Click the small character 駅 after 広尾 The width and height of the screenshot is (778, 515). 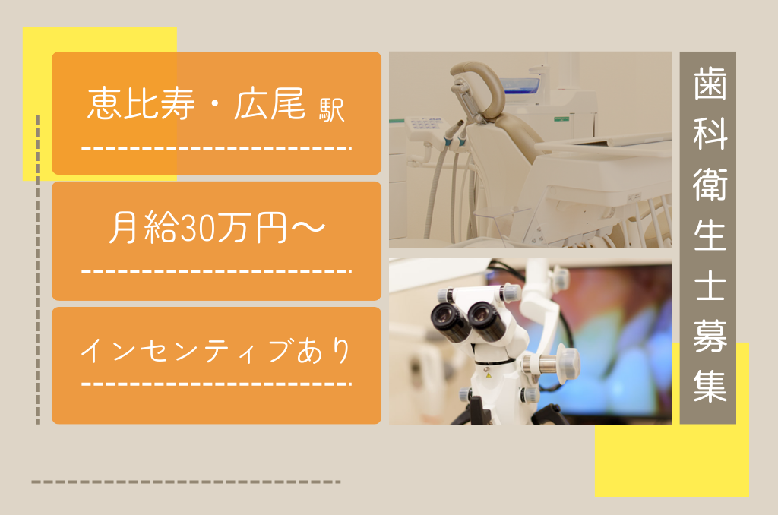[331, 110]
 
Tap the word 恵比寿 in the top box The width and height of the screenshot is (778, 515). [141, 103]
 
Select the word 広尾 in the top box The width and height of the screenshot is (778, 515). [270, 103]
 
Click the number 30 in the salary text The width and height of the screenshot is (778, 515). [197, 228]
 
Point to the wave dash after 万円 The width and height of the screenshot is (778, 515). [308, 227]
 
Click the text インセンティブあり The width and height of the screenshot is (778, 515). [216, 350]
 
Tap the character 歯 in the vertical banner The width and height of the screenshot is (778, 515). [710, 84]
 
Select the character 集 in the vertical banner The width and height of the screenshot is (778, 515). [710, 385]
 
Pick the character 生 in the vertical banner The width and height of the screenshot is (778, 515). [710, 234]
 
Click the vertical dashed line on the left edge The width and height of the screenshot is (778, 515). [38, 270]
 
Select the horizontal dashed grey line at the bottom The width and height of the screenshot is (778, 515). [186, 482]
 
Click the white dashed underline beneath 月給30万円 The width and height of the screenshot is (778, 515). [217, 271]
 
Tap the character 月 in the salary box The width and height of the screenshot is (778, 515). [123, 227]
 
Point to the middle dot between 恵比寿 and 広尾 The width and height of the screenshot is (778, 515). [214, 106]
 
